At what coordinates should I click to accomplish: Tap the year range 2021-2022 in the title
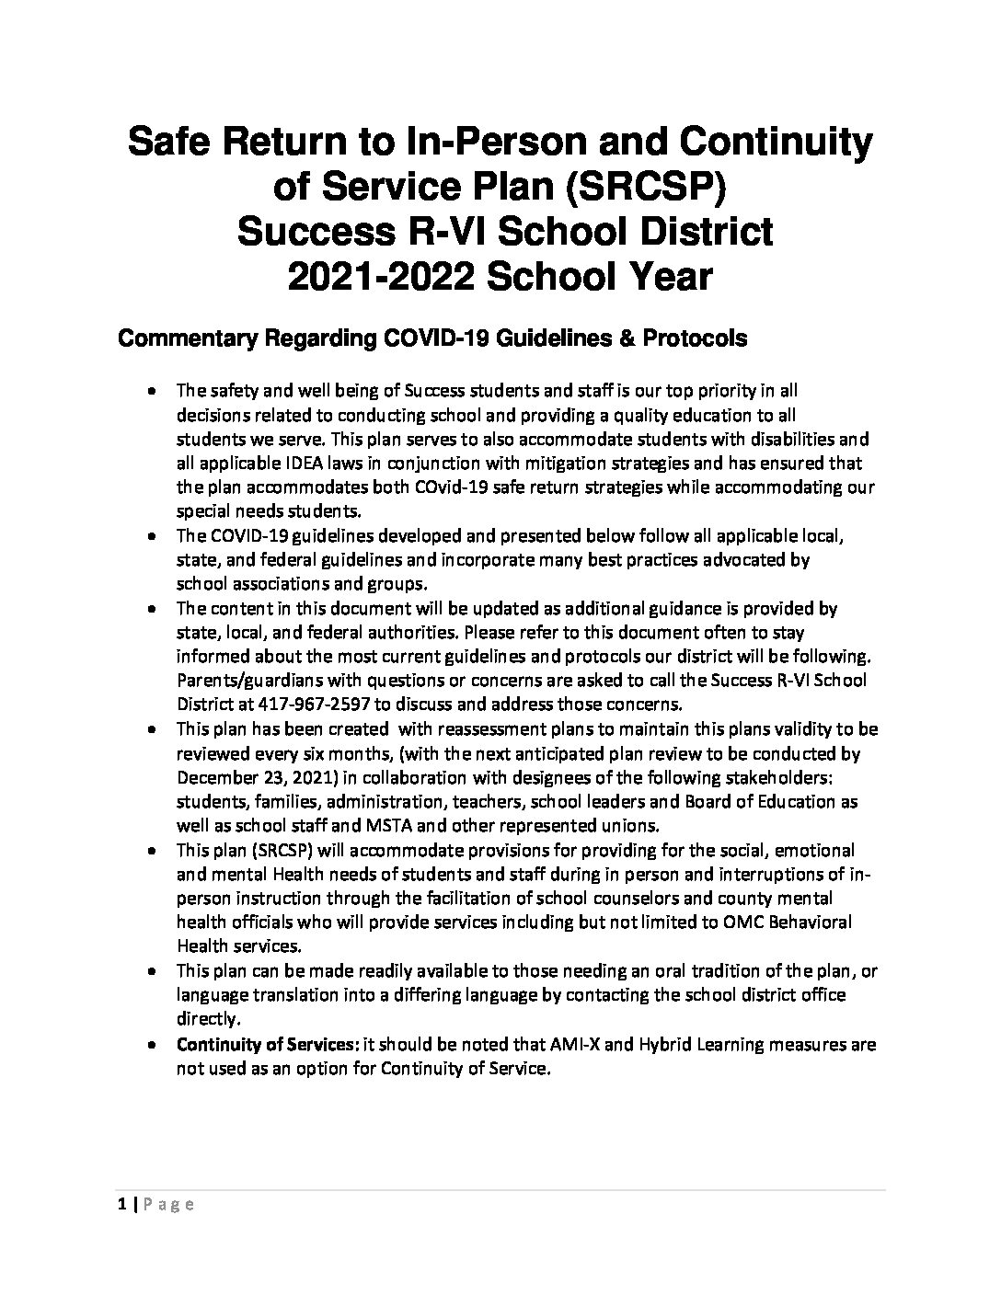coord(378,275)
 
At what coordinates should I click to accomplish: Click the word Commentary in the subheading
coord(187,339)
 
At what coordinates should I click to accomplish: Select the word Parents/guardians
coord(246,682)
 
